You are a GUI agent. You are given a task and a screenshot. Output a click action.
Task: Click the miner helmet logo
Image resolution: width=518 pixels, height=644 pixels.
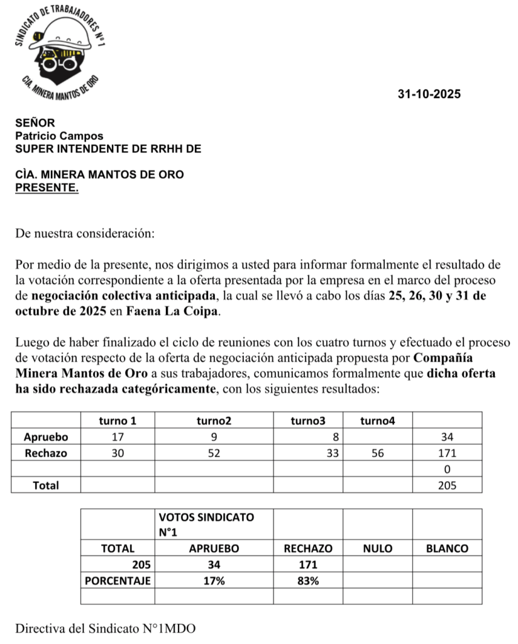click(59, 53)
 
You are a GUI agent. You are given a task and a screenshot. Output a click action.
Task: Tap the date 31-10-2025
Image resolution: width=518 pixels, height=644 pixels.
click(429, 95)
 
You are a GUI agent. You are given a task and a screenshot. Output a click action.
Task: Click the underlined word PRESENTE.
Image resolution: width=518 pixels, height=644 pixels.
click(47, 187)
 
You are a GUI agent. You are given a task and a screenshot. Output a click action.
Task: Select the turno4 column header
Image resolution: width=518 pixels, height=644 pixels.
click(377, 420)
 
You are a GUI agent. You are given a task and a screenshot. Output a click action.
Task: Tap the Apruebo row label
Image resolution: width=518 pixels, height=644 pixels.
click(46, 436)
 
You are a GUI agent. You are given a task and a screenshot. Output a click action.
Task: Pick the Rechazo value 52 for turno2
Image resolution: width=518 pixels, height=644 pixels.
click(214, 453)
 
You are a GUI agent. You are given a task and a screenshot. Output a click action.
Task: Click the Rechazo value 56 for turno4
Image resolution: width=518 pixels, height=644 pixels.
click(377, 453)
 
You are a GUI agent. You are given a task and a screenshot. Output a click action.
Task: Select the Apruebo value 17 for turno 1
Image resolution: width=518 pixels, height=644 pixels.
click(118, 436)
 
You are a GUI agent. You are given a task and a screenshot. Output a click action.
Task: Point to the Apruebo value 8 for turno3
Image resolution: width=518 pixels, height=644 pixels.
click(334, 436)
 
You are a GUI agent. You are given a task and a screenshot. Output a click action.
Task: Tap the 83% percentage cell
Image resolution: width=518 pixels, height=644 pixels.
click(308, 581)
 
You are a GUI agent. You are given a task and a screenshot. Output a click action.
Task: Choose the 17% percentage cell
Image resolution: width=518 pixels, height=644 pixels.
click(214, 581)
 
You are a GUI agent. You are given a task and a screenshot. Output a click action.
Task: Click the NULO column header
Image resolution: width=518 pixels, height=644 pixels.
click(377, 548)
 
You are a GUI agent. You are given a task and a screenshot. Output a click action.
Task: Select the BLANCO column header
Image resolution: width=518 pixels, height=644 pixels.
click(447, 548)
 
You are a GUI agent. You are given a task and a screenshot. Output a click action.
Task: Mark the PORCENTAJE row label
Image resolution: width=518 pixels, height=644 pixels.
click(118, 581)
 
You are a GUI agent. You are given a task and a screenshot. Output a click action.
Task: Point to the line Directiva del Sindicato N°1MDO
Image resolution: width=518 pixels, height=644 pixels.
click(106, 628)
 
